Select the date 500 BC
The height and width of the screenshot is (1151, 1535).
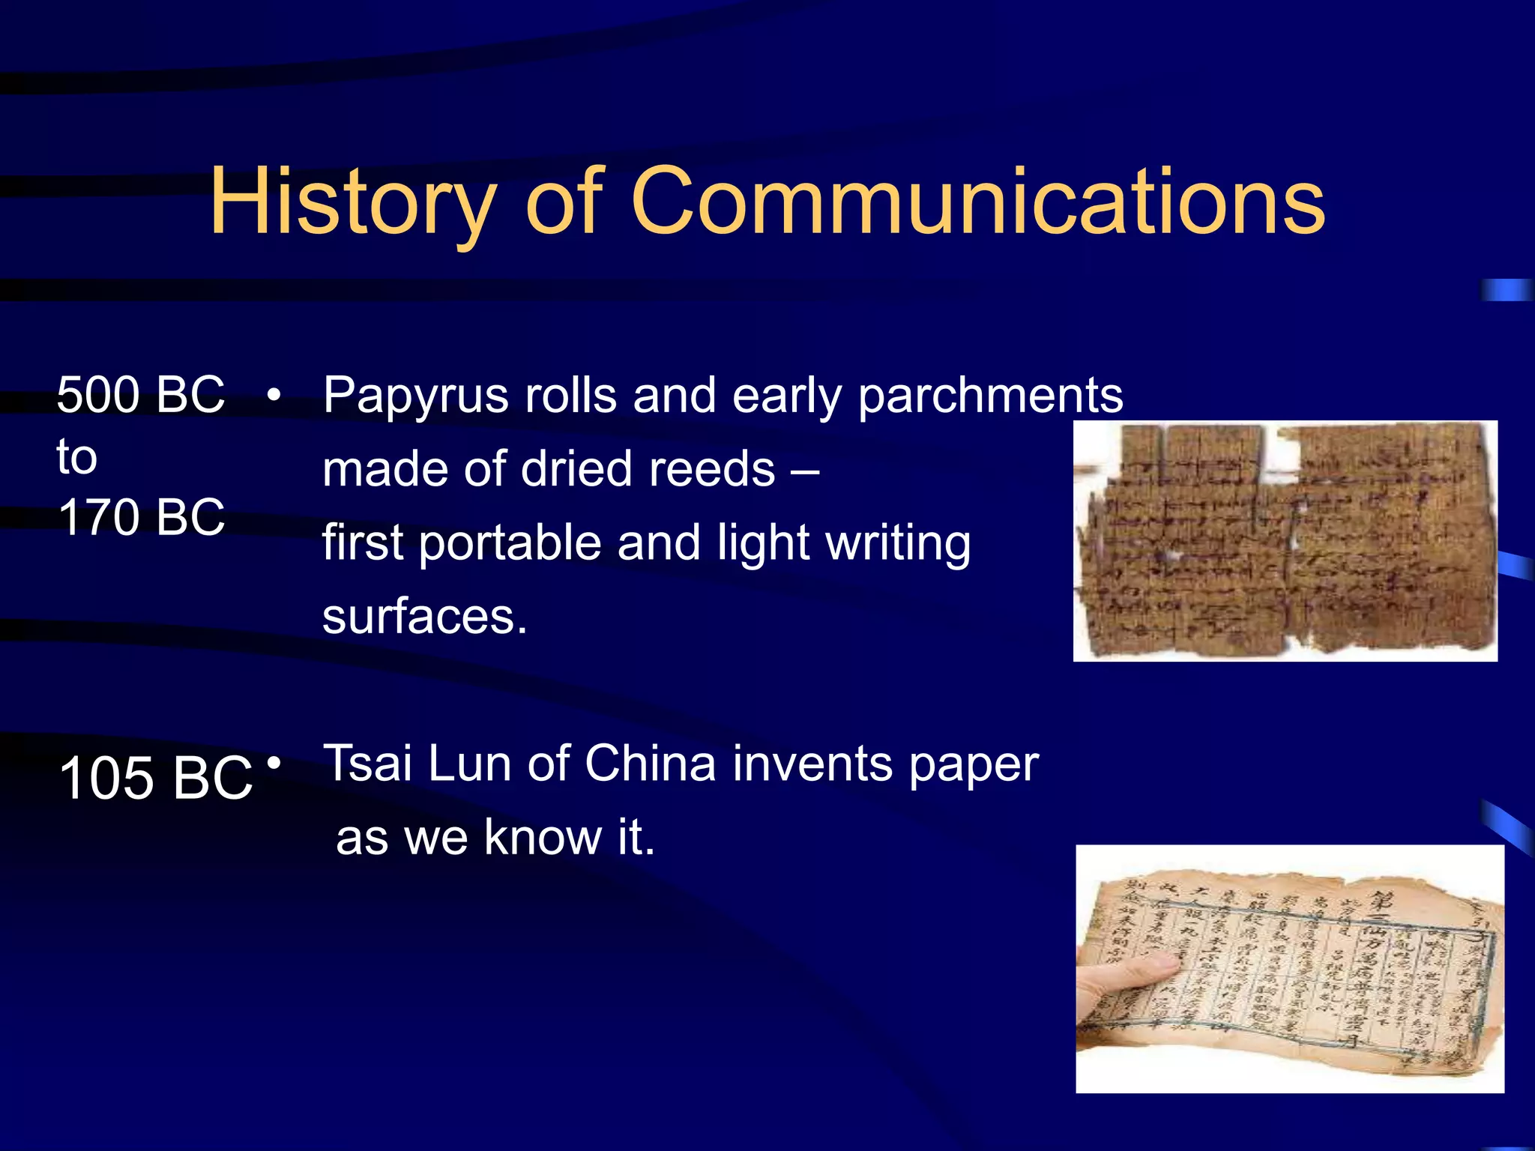pos(141,394)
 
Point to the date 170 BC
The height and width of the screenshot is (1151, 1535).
pos(141,517)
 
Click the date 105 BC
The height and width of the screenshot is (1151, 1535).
pos(155,778)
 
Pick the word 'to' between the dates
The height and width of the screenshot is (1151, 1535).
pos(76,456)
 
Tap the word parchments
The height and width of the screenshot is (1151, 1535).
pos(990,396)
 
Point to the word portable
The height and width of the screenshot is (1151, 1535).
pos(509,543)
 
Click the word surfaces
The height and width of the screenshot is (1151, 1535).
pos(424,617)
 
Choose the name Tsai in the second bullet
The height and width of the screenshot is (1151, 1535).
pos(367,764)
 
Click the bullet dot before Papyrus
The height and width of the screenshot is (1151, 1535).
pos(274,394)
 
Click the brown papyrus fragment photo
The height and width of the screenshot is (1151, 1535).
pos(1285,541)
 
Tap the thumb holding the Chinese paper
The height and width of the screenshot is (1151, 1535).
pos(1121,974)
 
